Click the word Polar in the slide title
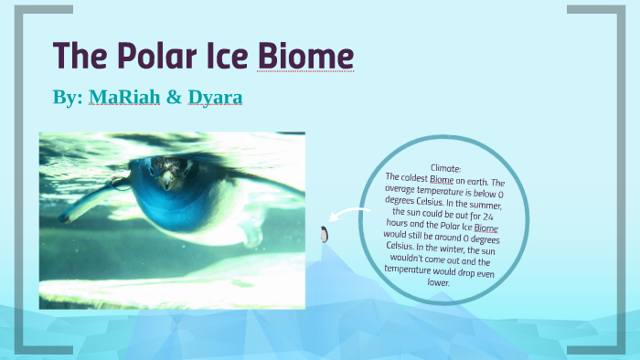[x=149, y=56]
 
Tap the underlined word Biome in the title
[x=304, y=56]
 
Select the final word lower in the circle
[x=439, y=282]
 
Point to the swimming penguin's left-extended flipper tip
[x=66, y=218]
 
